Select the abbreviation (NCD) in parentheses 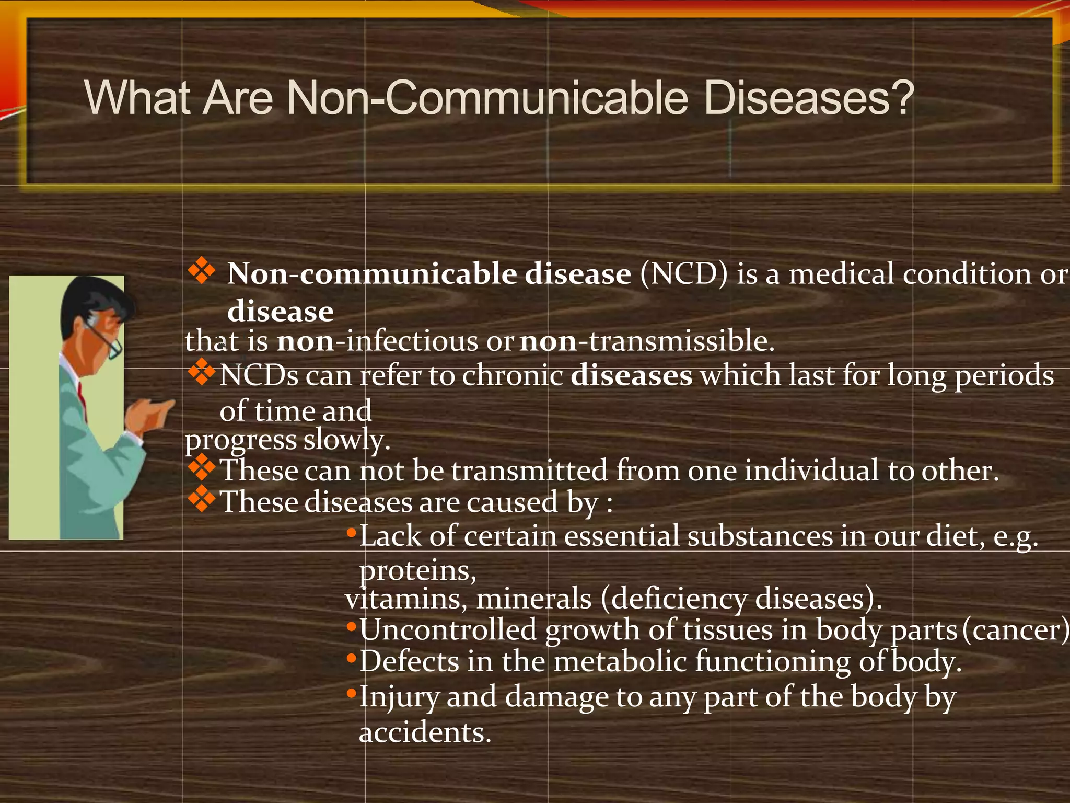pos(684,274)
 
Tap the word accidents pos(425,732)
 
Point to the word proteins pos(417,570)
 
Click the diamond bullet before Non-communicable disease pos(202,272)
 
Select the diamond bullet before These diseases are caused pos(202,499)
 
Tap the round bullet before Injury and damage pos(351,694)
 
